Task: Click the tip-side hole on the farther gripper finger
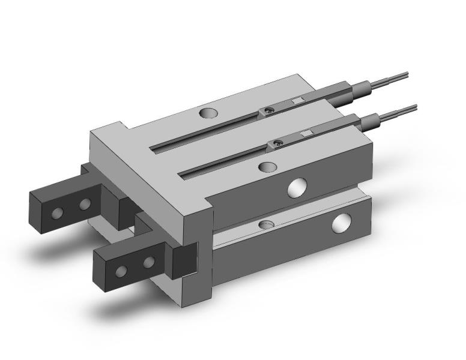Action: click(x=59, y=212)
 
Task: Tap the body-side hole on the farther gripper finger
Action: click(x=85, y=205)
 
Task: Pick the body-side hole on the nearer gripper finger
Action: click(x=148, y=262)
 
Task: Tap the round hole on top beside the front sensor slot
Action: click(x=268, y=166)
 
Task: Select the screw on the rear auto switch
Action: click(x=270, y=110)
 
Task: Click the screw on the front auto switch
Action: click(x=278, y=143)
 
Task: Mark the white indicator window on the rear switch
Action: click(x=297, y=101)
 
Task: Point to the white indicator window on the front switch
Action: click(x=306, y=133)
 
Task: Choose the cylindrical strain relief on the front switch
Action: click(x=371, y=121)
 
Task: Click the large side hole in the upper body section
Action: click(x=296, y=188)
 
